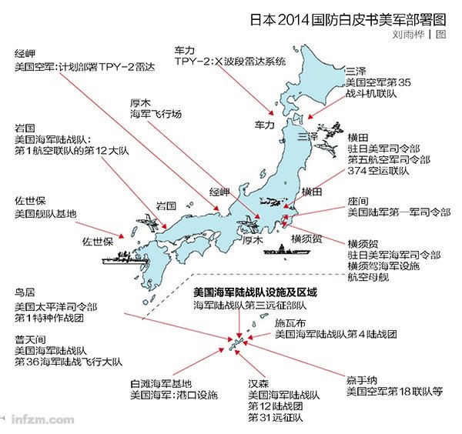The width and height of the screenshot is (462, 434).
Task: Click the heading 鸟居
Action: click(25, 293)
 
